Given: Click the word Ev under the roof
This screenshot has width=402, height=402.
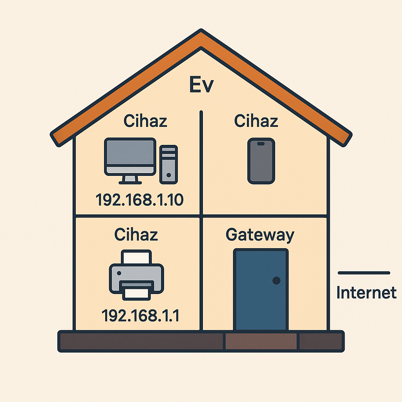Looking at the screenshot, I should pyautogui.click(x=201, y=86).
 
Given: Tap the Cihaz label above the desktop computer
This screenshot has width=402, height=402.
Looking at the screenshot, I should pyautogui.click(x=145, y=121).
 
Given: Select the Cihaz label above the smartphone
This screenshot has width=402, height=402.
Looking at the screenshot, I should pyautogui.click(x=256, y=121).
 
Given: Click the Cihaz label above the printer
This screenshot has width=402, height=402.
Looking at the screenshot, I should pyautogui.click(x=136, y=235).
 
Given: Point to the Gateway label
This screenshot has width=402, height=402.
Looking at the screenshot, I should pyautogui.click(x=260, y=235).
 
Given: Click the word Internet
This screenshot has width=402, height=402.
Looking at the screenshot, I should pyautogui.click(x=366, y=293).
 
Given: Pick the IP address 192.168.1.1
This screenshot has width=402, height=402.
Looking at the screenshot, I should pyautogui.click(x=140, y=315).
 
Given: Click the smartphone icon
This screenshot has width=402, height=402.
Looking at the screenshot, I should pyautogui.click(x=261, y=161).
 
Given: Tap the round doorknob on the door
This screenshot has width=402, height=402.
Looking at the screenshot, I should pyautogui.click(x=276, y=280).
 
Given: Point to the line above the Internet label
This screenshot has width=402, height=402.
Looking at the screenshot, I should pyautogui.click(x=364, y=272).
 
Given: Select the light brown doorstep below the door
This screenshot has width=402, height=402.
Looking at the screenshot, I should pyautogui.click(x=261, y=341).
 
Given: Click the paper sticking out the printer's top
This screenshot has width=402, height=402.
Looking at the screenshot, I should pyautogui.click(x=136, y=258).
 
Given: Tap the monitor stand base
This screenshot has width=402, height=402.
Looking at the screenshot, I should pyautogui.click(x=130, y=182).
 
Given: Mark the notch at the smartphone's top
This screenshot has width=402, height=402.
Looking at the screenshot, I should pyautogui.click(x=261, y=144).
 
